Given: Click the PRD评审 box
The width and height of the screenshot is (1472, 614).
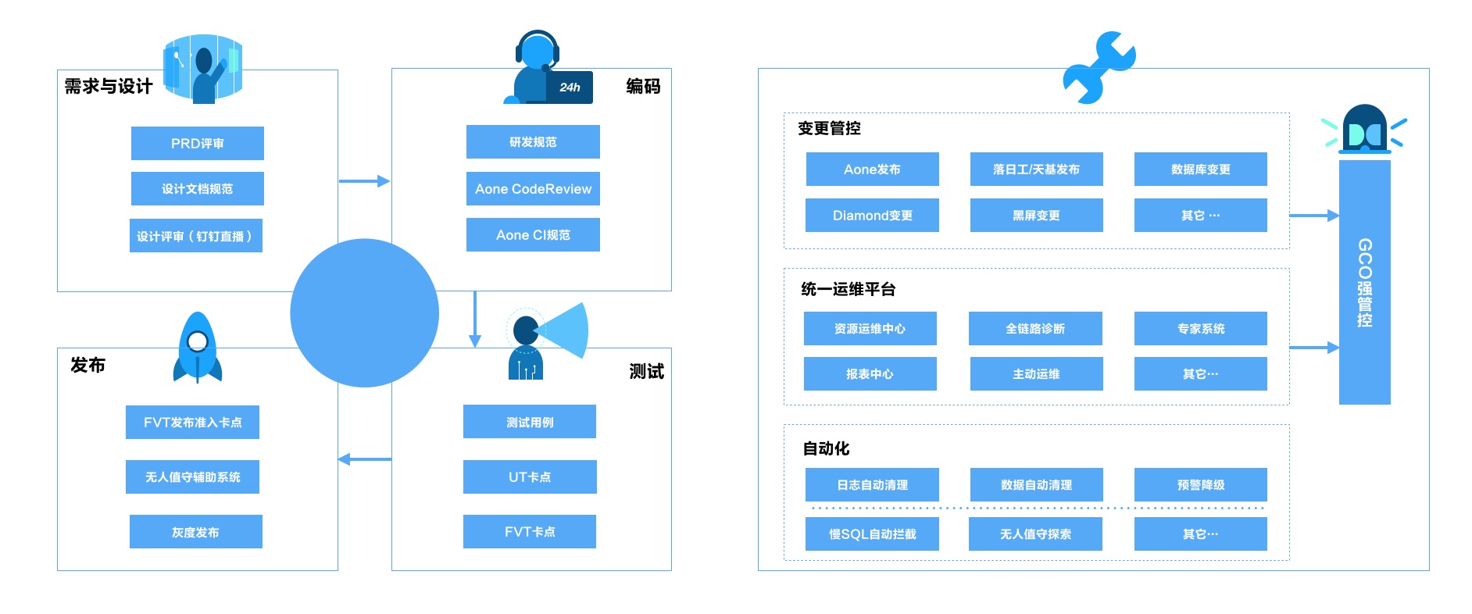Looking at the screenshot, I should [x=197, y=144].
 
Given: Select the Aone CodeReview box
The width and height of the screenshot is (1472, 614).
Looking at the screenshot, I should [x=533, y=189].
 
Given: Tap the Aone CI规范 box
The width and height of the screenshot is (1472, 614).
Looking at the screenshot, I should [x=533, y=235].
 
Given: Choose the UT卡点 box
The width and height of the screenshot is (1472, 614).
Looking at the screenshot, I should [x=530, y=477].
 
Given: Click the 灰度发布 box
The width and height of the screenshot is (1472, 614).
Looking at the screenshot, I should [x=195, y=532].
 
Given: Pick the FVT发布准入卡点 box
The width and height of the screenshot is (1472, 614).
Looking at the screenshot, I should [x=192, y=423].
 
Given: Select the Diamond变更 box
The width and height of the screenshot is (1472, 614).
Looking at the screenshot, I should [x=872, y=216].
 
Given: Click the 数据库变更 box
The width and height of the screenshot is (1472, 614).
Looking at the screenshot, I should [x=1200, y=170].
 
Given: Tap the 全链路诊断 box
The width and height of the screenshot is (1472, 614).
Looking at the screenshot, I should [x=1035, y=329].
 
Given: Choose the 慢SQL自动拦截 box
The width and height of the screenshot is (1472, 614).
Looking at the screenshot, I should [x=872, y=534].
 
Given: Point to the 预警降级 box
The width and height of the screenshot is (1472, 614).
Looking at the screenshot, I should [x=1200, y=485].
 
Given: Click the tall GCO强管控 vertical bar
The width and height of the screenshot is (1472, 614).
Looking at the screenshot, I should [x=1364, y=282].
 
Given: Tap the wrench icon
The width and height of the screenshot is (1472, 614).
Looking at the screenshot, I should [x=1099, y=67].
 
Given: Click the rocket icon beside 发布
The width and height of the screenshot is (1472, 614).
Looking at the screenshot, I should [x=198, y=348].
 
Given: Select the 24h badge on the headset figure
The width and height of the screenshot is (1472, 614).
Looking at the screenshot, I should [x=570, y=87].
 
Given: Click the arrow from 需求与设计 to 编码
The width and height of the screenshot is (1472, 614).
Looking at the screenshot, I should [x=364, y=181].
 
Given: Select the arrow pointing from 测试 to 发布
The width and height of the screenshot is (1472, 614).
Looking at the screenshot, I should [x=364, y=459].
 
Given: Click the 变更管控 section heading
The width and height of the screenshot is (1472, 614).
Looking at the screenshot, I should [x=829, y=128].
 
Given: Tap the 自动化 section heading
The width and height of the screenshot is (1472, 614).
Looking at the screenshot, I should [x=826, y=448].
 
